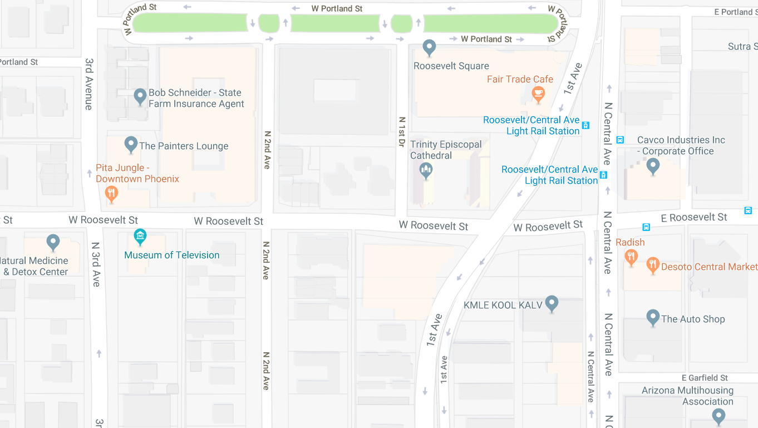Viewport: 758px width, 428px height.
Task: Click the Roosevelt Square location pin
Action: coord(429,48)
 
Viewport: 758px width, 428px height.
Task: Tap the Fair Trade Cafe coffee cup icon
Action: coord(538,94)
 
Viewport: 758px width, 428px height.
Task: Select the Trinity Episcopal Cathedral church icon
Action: coord(426,170)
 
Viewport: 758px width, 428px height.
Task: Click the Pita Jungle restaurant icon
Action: coord(111,194)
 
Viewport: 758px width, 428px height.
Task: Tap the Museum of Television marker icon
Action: coord(140,237)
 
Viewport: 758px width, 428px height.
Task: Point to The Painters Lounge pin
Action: coord(131,145)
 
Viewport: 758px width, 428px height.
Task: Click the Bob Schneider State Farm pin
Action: coord(140,97)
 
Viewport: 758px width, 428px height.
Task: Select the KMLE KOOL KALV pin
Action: coord(552,303)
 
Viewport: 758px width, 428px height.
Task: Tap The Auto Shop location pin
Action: coord(653,318)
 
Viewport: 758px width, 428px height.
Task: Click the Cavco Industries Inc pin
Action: coord(653,166)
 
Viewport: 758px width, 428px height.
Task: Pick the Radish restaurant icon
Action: coord(631,257)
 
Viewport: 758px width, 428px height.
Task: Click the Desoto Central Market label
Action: coord(709,267)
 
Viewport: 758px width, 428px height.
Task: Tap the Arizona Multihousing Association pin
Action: coord(718,416)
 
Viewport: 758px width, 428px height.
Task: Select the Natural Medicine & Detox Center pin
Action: coord(53,242)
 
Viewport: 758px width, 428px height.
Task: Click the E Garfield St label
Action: coord(705,378)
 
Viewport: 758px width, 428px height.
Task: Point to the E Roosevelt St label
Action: coord(694,217)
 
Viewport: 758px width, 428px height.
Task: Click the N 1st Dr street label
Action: coord(402,132)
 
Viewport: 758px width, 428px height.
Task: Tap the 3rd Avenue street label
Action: coord(89,83)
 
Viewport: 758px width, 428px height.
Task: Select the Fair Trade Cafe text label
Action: coord(520,79)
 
